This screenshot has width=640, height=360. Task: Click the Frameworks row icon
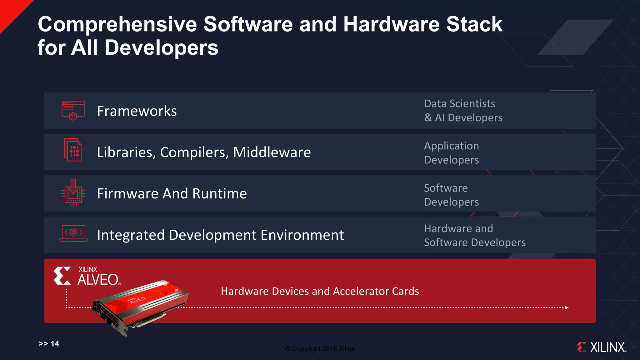click(73, 111)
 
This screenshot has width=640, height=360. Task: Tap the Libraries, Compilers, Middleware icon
click(73, 150)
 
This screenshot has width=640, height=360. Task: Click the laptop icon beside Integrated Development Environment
click(73, 233)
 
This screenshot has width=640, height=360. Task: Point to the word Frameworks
click(137, 111)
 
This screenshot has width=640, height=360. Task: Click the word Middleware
click(272, 152)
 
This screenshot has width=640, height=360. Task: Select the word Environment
click(302, 235)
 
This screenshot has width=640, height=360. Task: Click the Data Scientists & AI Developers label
click(463, 111)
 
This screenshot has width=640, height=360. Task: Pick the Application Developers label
click(452, 153)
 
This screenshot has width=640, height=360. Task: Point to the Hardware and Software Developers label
click(474, 235)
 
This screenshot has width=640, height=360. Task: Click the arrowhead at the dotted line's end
click(567, 307)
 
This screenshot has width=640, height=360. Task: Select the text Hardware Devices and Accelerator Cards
click(320, 291)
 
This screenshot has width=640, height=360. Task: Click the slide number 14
click(55, 344)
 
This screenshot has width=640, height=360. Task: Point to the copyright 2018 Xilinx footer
click(320, 349)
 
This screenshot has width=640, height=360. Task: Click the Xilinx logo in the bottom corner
click(602, 347)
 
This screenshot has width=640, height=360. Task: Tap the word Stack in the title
click(474, 24)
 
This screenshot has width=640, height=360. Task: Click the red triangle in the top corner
click(11, 11)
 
